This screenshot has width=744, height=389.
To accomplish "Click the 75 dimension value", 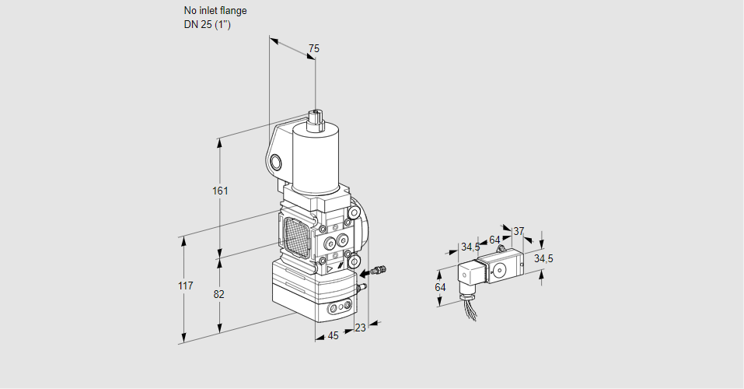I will click(x=313, y=48).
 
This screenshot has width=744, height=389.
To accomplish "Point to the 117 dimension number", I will click(x=184, y=286).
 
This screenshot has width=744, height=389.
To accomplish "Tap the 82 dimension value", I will click(x=219, y=294).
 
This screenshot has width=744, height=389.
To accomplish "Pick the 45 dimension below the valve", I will click(x=333, y=335).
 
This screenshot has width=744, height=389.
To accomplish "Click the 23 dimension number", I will click(x=359, y=328).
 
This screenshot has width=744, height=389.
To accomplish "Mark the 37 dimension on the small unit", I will click(x=519, y=231).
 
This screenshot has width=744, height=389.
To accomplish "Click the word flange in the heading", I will click(x=231, y=11).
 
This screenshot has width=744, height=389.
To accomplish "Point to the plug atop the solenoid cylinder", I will click(x=316, y=117).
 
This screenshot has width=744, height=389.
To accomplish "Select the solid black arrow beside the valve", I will click(x=364, y=272).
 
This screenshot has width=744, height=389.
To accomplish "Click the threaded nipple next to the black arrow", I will click(x=379, y=271).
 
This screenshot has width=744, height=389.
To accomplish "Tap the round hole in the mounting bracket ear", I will click(x=276, y=162).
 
